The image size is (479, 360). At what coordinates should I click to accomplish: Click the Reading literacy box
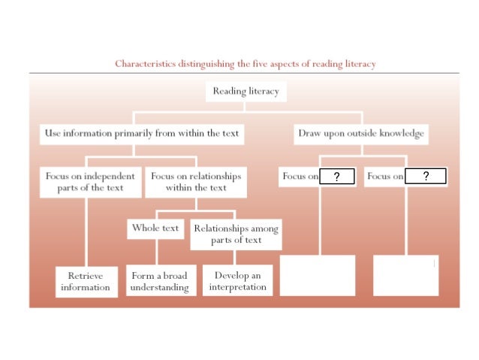click(x=246, y=92)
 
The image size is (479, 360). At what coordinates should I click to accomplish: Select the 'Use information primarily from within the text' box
click(x=141, y=134)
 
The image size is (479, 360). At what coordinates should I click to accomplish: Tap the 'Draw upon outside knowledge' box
click(x=361, y=134)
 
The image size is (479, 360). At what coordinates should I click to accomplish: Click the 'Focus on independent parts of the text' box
click(x=91, y=182)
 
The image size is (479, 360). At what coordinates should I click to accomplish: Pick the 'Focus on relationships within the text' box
click(x=196, y=182)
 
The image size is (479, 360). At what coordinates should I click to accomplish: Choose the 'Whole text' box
click(x=155, y=228)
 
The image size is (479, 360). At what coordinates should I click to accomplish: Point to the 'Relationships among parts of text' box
click(x=236, y=234)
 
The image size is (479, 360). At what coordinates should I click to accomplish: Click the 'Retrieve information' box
click(x=86, y=281)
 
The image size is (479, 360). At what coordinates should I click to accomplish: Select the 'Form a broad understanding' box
click(x=159, y=281)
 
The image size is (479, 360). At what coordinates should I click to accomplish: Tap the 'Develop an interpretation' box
click(x=238, y=281)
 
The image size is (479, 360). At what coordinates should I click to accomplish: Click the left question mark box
click(x=337, y=177)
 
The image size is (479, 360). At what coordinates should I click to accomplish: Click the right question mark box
click(x=426, y=177)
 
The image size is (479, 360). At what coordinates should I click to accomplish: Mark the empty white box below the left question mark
click(x=318, y=275)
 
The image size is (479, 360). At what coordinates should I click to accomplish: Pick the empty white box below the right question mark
click(x=405, y=275)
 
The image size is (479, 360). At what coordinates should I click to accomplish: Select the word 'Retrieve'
click(x=86, y=275)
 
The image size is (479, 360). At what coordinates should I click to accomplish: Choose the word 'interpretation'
click(x=238, y=287)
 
